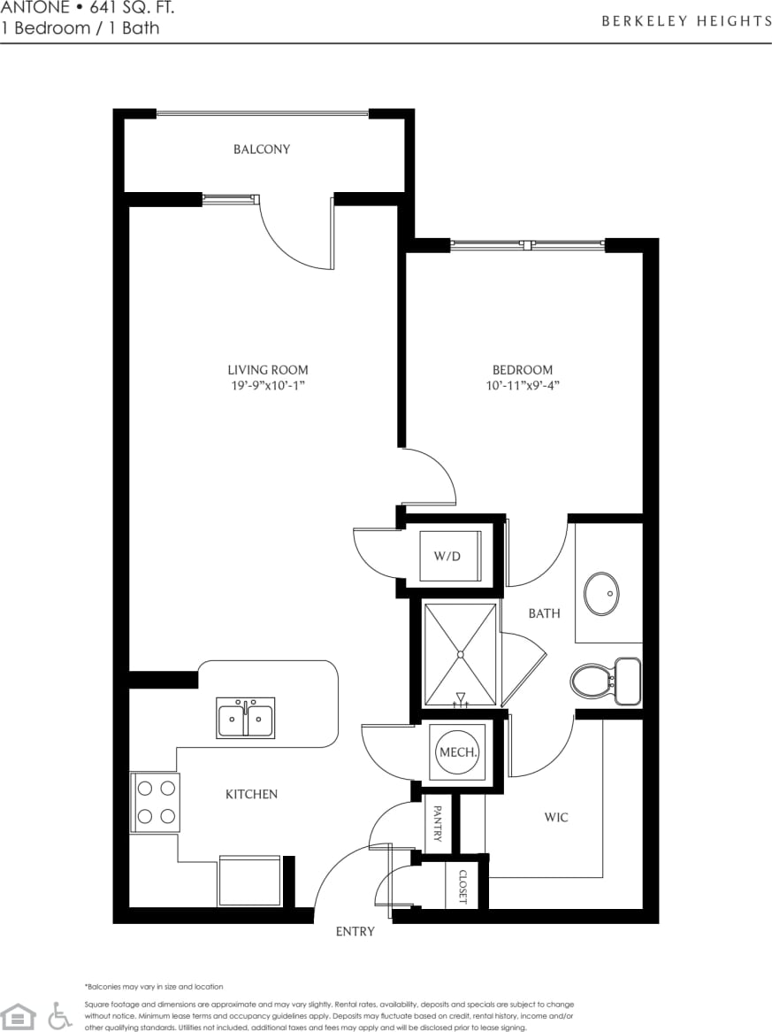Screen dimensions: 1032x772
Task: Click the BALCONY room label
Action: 261,150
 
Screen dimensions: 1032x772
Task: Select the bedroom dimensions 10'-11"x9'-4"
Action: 522,386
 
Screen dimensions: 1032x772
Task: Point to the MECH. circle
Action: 458,753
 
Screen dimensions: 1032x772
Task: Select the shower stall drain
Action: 460,654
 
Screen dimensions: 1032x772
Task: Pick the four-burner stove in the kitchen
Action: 156,802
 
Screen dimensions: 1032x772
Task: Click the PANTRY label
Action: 437,824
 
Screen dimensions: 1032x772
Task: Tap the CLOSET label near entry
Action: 462,886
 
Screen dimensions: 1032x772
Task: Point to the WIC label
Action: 556,817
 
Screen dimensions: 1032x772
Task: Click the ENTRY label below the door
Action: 355,931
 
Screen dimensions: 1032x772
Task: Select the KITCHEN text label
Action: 251,795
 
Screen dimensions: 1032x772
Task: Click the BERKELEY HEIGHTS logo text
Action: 686,21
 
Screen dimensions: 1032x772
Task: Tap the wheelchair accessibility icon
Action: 59,1015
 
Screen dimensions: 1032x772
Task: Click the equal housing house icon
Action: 18,1016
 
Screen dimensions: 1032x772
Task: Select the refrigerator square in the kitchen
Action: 249,881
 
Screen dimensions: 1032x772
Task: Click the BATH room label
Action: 544,612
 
